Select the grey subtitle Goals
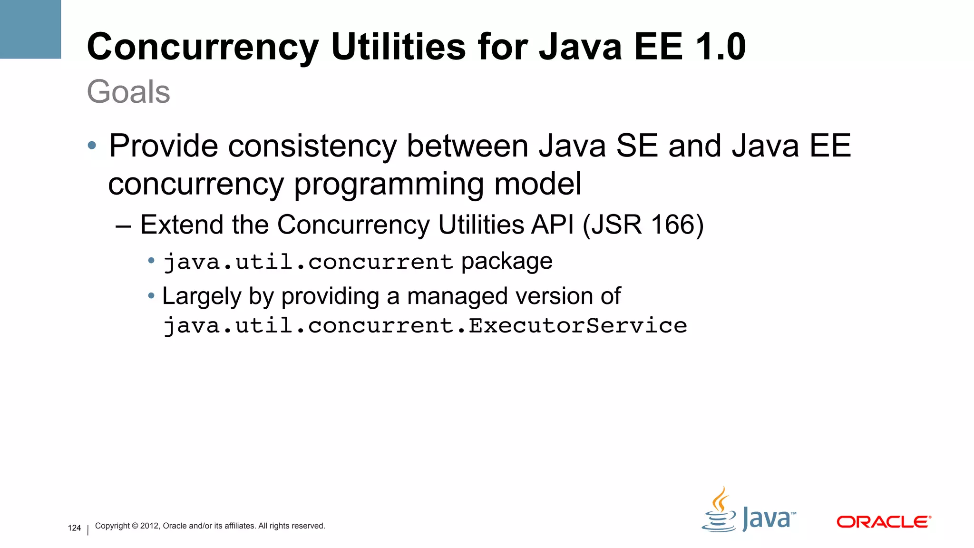128,91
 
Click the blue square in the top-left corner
30,29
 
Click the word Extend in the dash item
181,225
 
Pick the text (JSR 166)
643,225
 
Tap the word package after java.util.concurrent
506,262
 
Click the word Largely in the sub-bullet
202,297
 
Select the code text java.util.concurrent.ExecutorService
425,326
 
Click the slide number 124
74,528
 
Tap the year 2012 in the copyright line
150,526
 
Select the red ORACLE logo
883,522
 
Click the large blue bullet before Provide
92,145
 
